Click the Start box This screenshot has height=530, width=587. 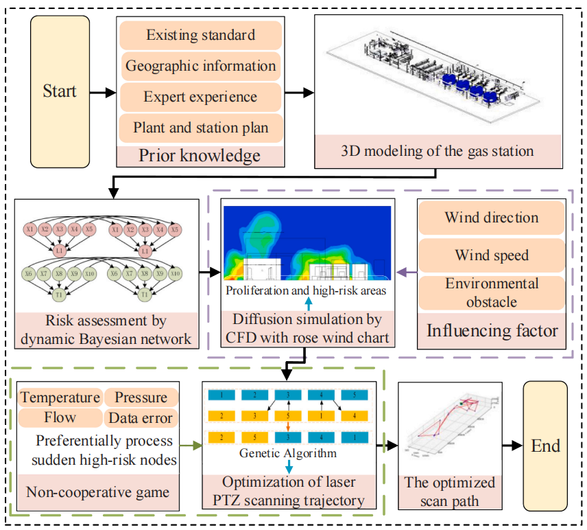pos(60,91)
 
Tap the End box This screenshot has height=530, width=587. pos(545,446)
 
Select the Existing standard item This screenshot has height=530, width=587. pos(200,34)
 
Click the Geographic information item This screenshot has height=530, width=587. pos(200,67)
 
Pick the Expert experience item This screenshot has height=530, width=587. pos(200,97)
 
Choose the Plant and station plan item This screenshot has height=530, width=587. pos(200,128)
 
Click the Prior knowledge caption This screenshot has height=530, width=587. pos(200,155)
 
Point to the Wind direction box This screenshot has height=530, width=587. pos(492,218)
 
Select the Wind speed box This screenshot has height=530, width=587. pos(492,255)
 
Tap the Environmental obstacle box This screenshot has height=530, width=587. pos(492,292)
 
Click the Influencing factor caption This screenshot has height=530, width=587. pos(492,331)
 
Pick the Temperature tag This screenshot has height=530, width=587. pos(60,397)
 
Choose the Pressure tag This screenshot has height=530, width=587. pos(141,397)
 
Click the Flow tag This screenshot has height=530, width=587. pos(60,417)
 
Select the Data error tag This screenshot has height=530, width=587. pos(141,417)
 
